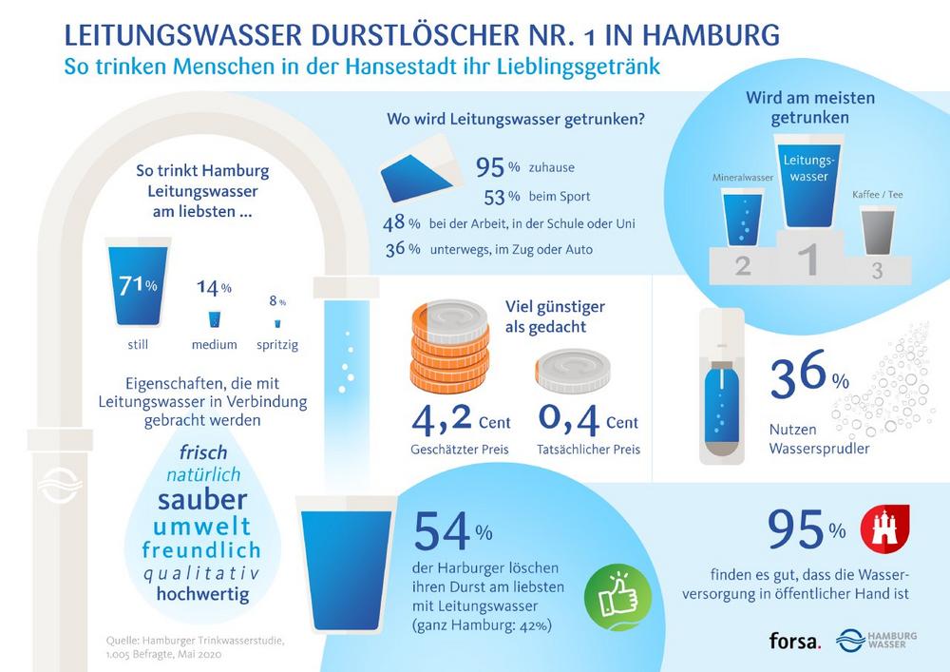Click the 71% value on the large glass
[x=139, y=284]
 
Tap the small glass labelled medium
[x=214, y=318]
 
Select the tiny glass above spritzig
[x=277, y=322]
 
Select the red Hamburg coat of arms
[x=883, y=529]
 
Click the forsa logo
[x=794, y=640]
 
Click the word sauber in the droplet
[x=202, y=498]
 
